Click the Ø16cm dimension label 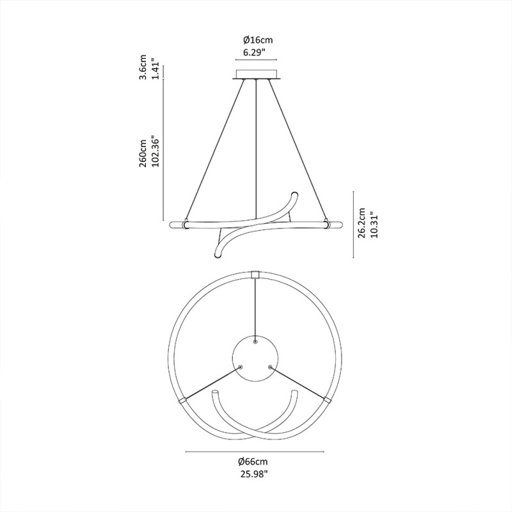point(256,40)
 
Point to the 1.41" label point(155,67)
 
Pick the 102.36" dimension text point(155,152)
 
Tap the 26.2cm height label point(363,223)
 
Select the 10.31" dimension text point(374,223)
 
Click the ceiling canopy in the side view point(256,74)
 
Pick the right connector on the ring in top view point(328,400)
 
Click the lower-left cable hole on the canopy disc point(241,367)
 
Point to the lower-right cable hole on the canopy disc point(271,367)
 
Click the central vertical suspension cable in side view point(256,147)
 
